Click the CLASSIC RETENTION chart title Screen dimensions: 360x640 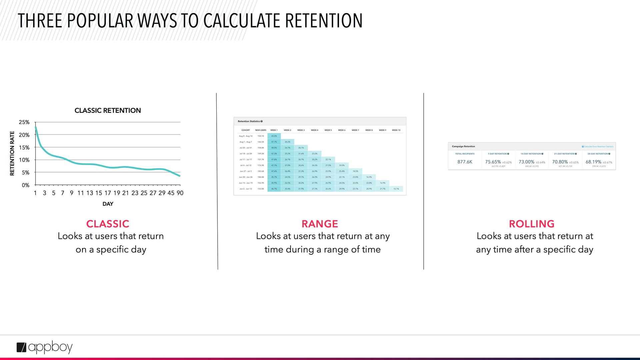[108, 110]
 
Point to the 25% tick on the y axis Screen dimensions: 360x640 [24, 122]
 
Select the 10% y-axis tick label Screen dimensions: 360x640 [24, 160]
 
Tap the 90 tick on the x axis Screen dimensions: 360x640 [180, 193]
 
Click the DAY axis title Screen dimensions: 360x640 [108, 204]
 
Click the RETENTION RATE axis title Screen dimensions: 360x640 [12, 153]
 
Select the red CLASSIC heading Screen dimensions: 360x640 [108, 224]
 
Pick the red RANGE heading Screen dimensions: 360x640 [320, 224]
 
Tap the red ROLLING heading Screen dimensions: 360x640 [532, 224]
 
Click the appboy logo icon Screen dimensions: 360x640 [21, 347]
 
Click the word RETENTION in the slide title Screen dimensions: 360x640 [324, 21]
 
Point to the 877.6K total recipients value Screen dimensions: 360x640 [465, 162]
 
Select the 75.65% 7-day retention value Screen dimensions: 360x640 [493, 162]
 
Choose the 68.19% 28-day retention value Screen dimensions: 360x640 [593, 162]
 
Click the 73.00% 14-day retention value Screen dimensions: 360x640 [526, 162]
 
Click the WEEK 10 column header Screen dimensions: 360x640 [396, 130]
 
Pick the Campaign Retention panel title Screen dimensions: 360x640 [463, 146]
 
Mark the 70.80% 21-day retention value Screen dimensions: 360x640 [560, 162]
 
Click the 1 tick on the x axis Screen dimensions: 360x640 [35, 193]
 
